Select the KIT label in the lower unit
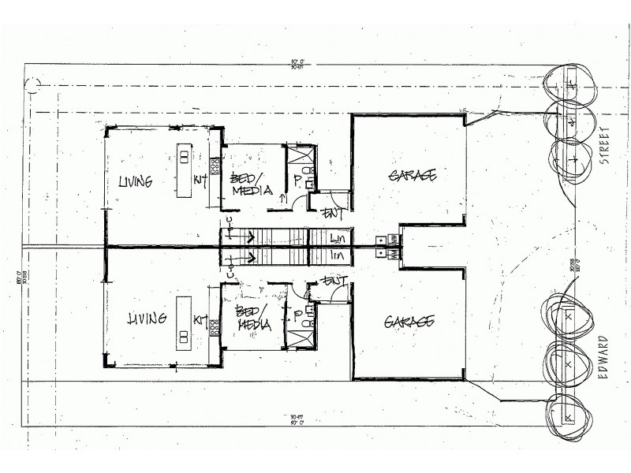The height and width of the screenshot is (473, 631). point(200,321)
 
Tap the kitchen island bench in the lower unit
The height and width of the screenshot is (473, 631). point(183,319)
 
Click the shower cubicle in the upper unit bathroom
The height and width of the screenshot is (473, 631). point(300,155)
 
